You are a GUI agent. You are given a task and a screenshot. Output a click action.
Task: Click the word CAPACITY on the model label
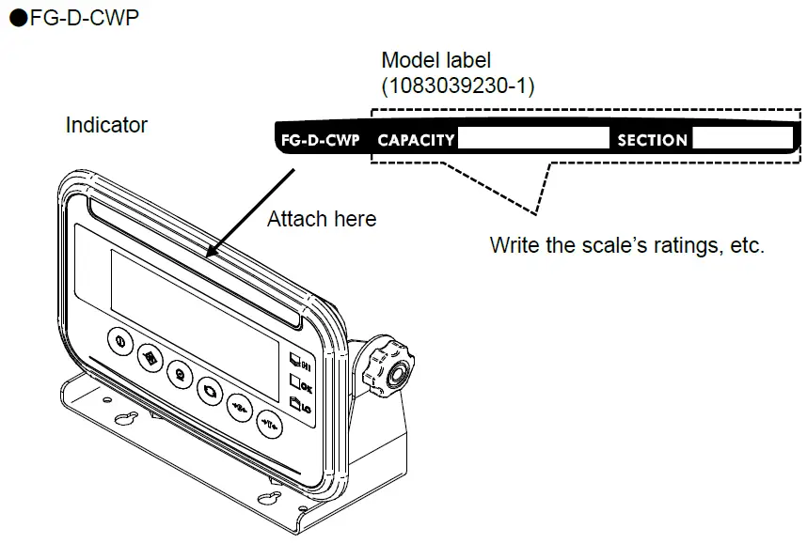click(x=416, y=141)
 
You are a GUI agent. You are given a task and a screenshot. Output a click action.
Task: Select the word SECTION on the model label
click(x=652, y=141)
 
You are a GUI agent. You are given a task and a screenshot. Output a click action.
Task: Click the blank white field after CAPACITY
click(x=533, y=140)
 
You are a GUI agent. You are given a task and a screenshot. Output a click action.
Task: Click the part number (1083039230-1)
click(x=457, y=86)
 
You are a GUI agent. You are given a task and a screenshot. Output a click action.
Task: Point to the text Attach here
click(x=321, y=220)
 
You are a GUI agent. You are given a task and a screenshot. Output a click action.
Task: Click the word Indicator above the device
click(x=106, y=125)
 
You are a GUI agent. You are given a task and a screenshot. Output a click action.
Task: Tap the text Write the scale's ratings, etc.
click(x=627, y=247)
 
